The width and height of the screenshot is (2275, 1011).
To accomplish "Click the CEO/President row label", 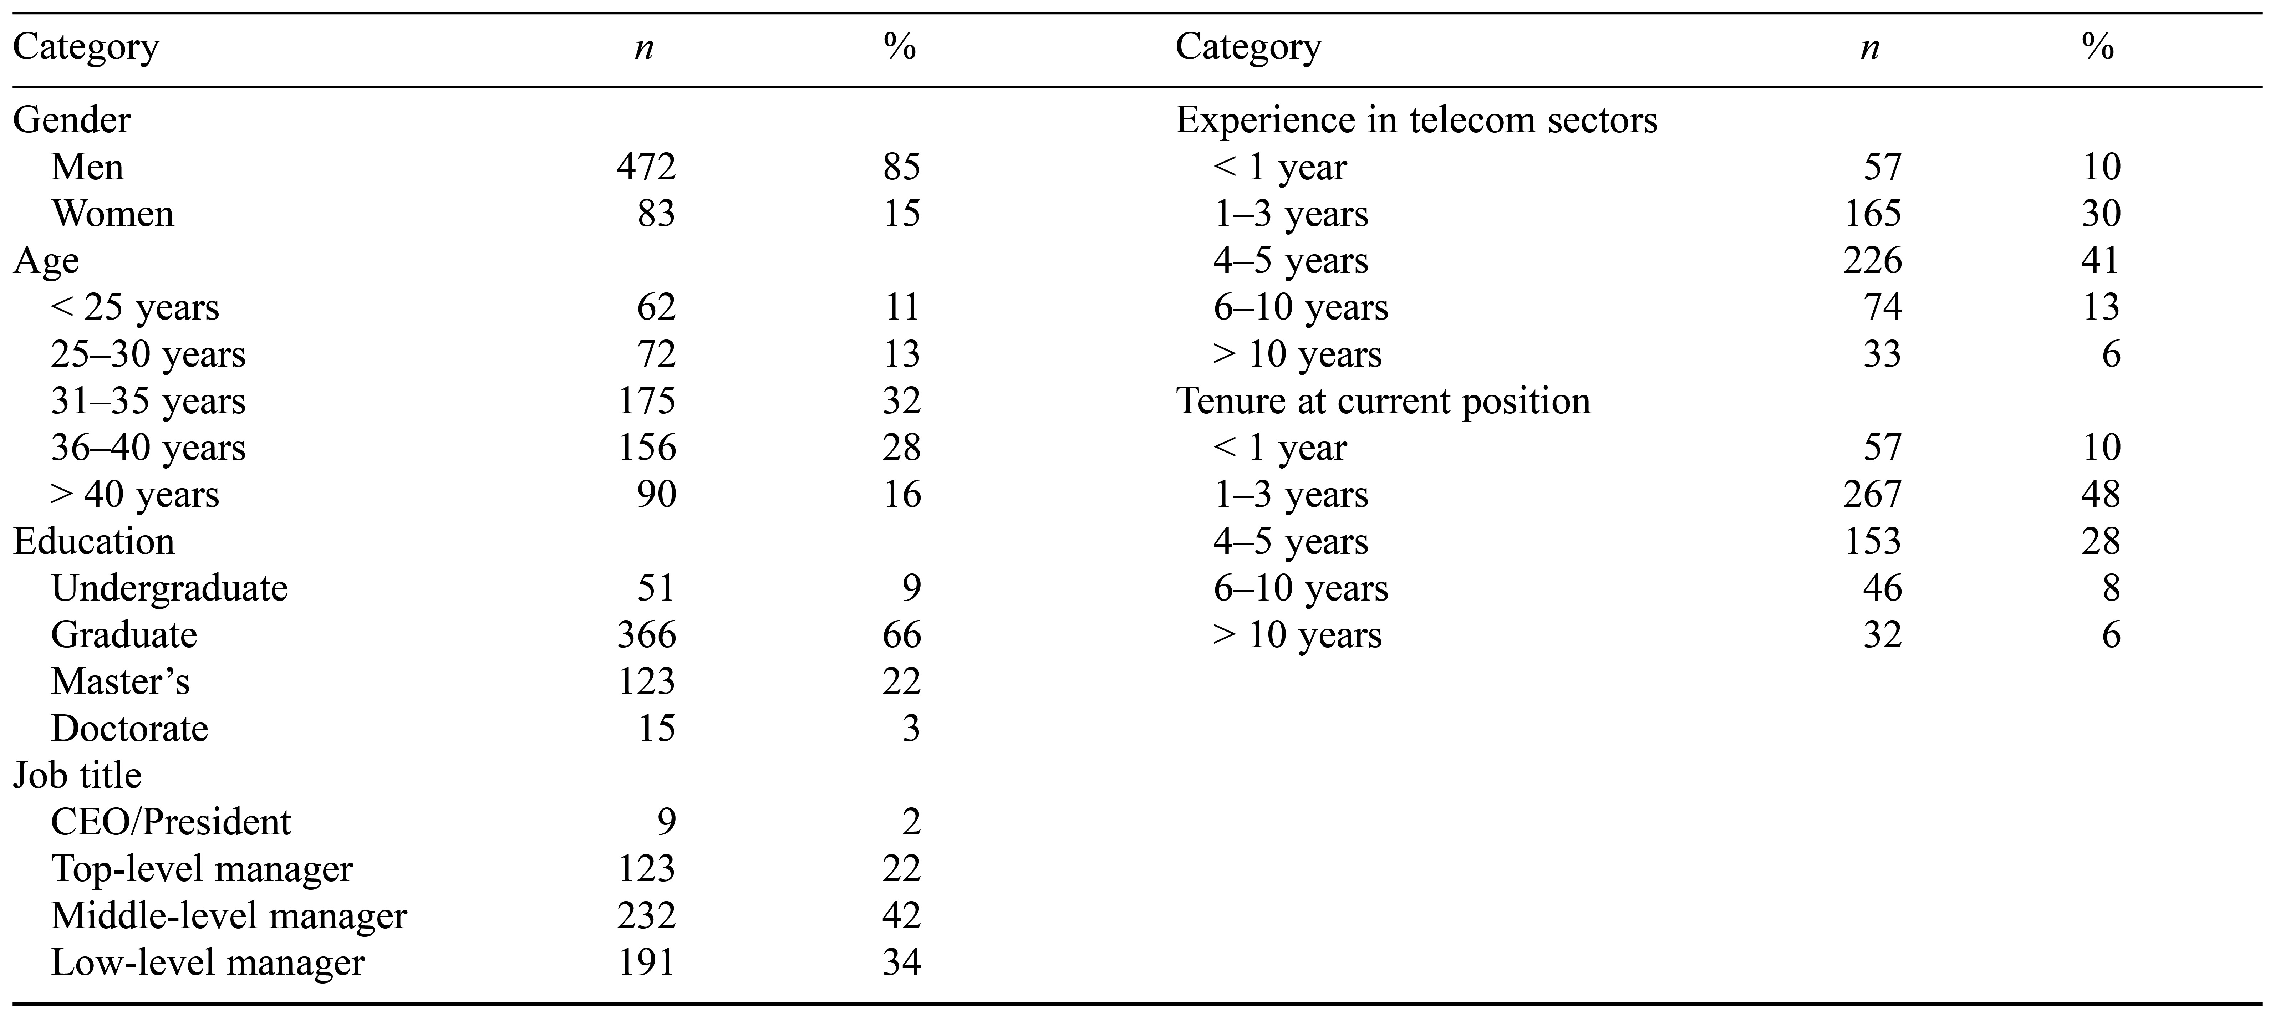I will pos(171,822).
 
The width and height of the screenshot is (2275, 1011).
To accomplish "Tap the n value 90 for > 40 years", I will pos(656,495).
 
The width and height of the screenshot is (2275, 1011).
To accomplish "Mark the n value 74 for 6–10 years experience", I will pos(1882,307).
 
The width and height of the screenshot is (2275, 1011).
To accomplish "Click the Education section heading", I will pos(93,541).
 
